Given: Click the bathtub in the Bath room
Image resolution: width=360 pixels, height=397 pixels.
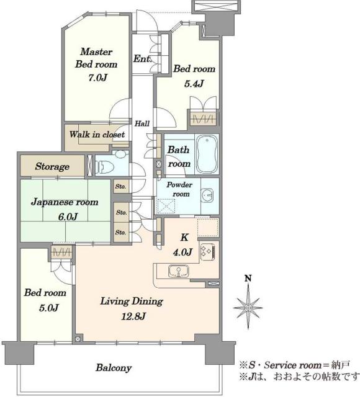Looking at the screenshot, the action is pos(207,154).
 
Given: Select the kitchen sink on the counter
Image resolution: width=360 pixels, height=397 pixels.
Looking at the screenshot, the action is pos(179,271).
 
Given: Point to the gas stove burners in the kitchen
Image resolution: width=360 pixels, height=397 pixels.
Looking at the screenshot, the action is pos(208,252).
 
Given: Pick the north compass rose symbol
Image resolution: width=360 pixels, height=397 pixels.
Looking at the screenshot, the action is pos(248,308).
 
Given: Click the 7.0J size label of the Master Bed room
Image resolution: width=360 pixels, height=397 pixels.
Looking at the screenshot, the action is pos(98,78).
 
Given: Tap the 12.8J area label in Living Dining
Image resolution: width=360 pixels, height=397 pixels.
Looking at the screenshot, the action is pos(133,316).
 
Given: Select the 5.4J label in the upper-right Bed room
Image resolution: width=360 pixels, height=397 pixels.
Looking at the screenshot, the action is pos(194,83).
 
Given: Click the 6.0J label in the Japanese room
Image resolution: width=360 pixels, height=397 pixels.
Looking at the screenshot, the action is pos(68,216).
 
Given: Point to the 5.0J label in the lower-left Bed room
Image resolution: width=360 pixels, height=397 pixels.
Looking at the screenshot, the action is pos(49,308).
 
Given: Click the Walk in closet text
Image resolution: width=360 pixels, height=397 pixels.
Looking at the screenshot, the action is pos(97,135).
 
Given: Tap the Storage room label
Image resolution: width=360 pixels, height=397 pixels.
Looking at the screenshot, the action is pos(52,167).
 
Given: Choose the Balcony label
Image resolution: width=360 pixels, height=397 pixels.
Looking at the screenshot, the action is pos(114,368).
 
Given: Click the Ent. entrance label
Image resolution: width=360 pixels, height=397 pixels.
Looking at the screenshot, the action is pos(142,59).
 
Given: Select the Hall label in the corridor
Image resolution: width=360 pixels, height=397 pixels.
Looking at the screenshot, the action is pos(142,123).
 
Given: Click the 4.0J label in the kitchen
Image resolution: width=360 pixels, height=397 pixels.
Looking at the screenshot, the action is pos(182,252).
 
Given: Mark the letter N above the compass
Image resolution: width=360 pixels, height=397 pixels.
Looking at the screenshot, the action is pos(248,279).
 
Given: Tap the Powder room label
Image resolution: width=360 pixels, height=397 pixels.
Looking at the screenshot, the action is pos(179,189).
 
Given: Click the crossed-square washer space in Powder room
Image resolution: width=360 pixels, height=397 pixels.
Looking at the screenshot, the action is pos(166,206).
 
